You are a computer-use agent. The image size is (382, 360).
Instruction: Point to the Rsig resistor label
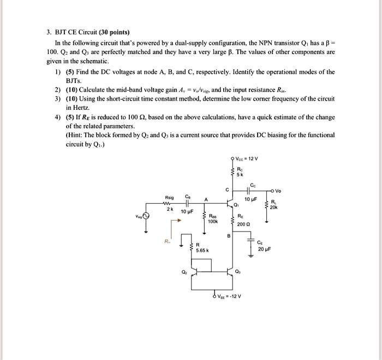(169, 198)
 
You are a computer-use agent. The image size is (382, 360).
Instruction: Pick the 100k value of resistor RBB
(213, 221)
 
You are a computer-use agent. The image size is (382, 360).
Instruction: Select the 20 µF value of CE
(264, 249)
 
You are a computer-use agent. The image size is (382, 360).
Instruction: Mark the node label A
(206, 199)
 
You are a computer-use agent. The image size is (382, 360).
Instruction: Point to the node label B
(228, 236)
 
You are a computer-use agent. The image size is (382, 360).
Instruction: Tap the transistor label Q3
(238, 272)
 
